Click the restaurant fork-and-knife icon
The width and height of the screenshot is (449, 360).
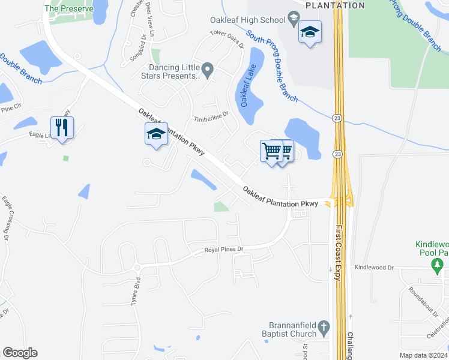tap(62, 128)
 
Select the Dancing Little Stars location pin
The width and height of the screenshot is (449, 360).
tap(208, 71)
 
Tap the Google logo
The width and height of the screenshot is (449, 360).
tap(20, 353)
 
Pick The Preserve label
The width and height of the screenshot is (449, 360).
tap(69, 9)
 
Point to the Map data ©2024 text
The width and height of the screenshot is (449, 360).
tap(424, 355)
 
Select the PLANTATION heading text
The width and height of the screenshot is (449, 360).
tap(334, 5)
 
